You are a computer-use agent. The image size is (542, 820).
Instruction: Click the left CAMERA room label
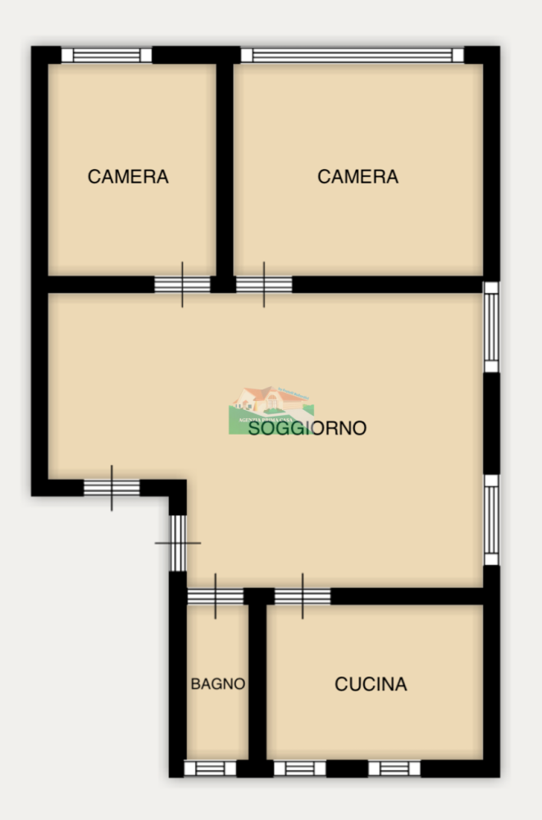128,176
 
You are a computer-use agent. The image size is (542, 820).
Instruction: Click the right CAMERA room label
358,176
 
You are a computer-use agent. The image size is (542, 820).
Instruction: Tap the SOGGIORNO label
307,428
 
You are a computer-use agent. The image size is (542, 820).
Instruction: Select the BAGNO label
218,684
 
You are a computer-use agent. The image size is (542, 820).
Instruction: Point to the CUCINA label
371,684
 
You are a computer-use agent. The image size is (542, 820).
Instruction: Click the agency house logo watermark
271,405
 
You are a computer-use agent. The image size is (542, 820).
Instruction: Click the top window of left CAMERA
107,55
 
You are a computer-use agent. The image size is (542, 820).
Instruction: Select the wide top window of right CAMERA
352,55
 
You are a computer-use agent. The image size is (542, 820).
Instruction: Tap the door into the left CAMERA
182,285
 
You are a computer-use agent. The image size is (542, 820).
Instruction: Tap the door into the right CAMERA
264,285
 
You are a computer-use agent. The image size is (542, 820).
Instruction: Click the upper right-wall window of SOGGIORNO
490,327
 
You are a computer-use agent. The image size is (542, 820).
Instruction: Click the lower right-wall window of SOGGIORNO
490,519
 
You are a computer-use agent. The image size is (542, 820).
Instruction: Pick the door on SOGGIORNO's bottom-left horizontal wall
112,487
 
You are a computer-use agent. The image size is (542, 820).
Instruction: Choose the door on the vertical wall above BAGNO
178,542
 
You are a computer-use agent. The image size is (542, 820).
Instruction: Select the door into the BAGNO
215,596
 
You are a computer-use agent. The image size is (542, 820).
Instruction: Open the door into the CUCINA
303,596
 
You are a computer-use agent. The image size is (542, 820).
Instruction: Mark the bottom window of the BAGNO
209,768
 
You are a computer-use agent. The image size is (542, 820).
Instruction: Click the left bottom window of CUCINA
299,768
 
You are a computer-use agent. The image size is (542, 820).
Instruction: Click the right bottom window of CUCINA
394,768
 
